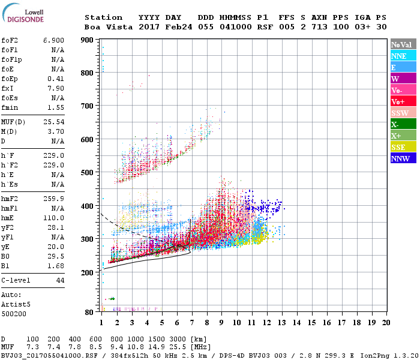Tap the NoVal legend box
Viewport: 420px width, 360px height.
coord(403,44)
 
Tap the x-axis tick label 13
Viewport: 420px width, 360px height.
coord(281,322)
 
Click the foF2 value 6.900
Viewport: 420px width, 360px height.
coord(53,40)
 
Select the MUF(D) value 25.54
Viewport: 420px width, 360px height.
coord(53,121)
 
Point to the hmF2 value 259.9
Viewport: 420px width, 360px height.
coord(53,199)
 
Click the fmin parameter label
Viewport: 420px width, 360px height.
coord(10,107)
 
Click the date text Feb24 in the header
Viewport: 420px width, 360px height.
coord(179,27)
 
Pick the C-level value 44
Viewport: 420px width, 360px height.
coord(60,280)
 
